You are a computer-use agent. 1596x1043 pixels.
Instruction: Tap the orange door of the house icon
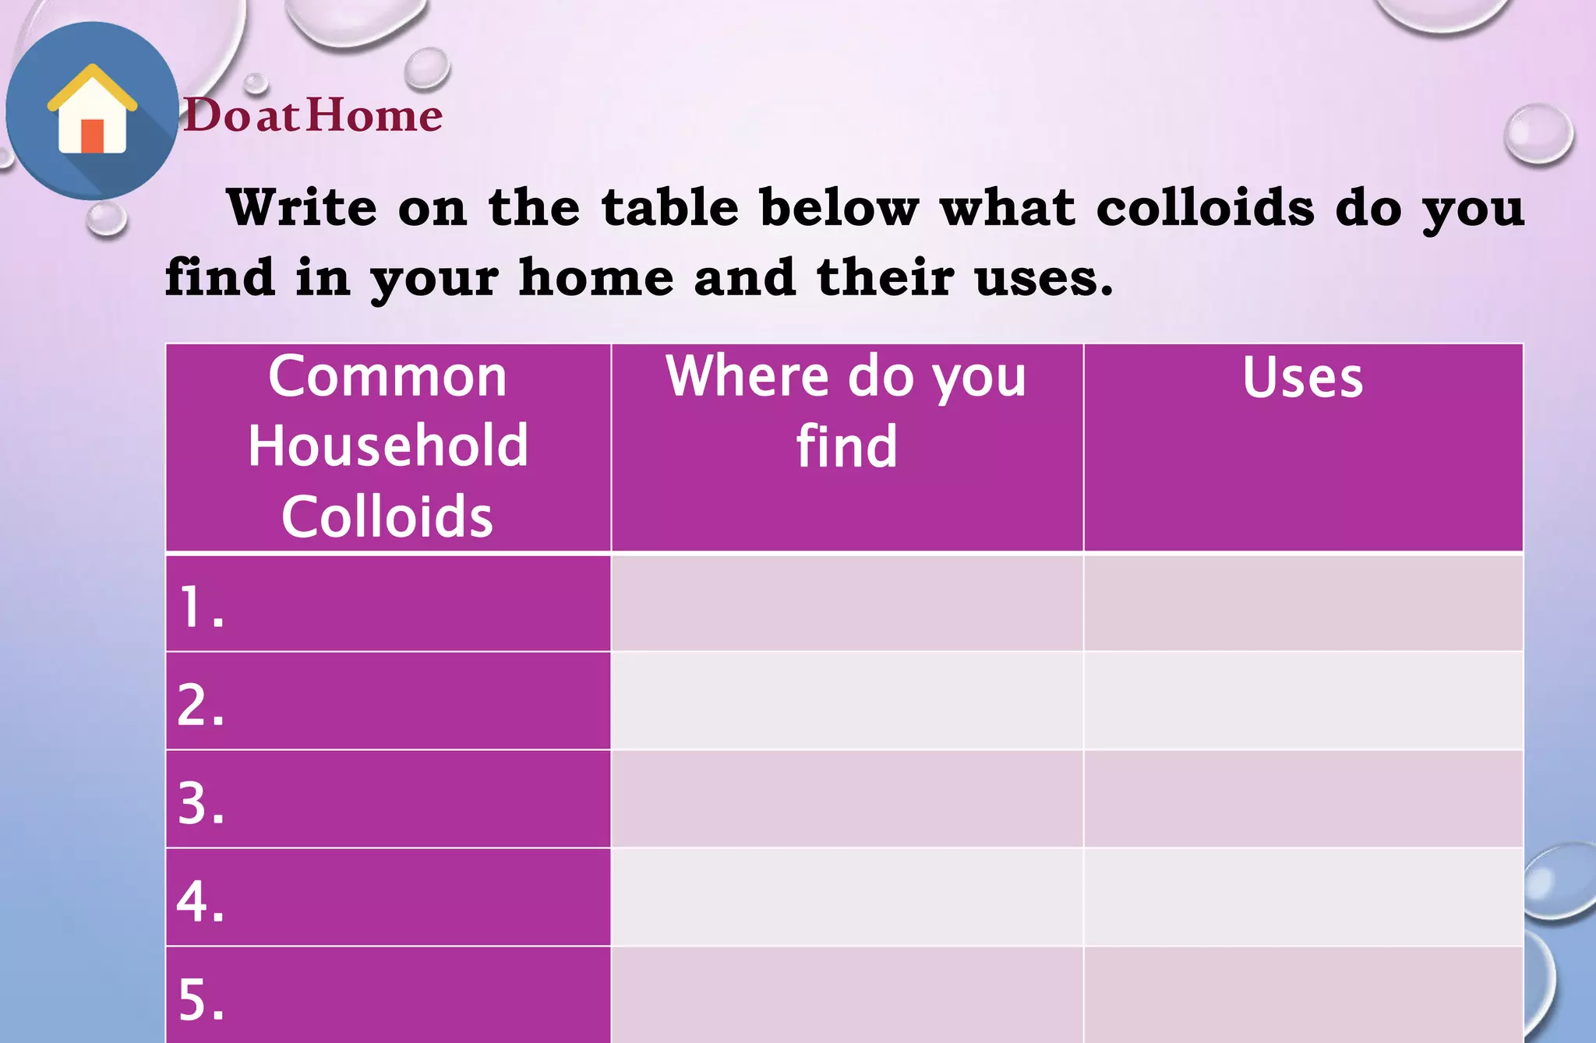click(92, 136)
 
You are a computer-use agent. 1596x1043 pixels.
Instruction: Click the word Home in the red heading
click(375, 115)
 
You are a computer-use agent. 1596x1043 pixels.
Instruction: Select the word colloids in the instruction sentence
click(1205, 208)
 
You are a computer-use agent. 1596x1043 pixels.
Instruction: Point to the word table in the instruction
click(670, 208)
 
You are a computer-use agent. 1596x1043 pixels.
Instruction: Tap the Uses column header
click(1302, 378)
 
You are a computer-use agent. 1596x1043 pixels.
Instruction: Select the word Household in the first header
click(388, 446)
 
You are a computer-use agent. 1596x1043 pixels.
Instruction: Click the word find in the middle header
click(846, 447)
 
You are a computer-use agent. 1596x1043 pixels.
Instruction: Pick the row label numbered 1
click(201, 607)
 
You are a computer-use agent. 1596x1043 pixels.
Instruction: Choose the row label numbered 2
click(201, 705)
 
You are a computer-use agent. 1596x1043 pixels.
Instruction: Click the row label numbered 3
click(201, 803)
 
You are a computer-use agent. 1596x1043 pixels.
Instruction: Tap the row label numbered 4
click(201, 901)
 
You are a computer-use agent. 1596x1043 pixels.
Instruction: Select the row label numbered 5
click(201, 999)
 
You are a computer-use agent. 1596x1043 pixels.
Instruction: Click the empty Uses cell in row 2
click(1303, 701)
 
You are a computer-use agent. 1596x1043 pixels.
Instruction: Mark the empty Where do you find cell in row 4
click(847, 897)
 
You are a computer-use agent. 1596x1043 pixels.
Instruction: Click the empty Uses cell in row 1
click(1303, 603)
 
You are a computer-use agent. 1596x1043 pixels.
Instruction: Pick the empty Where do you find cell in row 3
click(847, 799)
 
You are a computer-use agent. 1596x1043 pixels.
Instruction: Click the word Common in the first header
click(387, 377)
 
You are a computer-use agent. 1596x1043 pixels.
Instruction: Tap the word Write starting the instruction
click(302, 208)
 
